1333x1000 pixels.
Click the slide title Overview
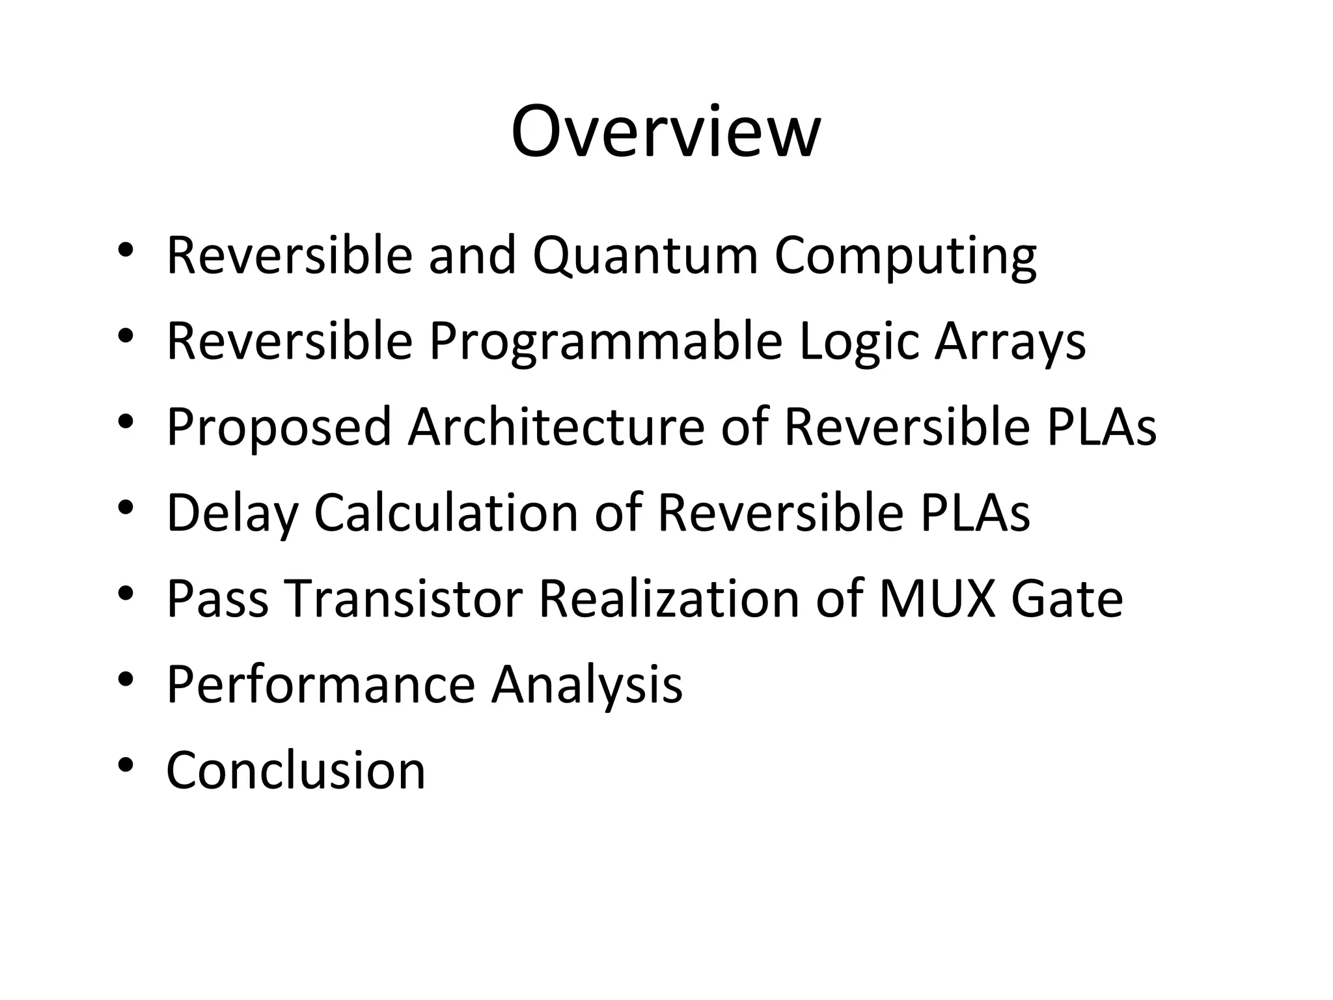(x=665, y=132)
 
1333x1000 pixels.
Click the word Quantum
(x=645, y=255)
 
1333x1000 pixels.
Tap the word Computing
(x=905, y=255)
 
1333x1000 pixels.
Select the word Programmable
(x=605, y=342)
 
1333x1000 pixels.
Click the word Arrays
(x=1010, y=342)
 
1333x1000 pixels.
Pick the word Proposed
(x=279, y=428)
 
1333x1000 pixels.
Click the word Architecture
(x=556, y=428)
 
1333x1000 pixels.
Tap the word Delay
(x=232, y=514)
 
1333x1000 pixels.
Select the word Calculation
(x=446, y=514)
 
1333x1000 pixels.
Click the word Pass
(x=217, y=599)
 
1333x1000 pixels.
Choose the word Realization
(x=668, y=599)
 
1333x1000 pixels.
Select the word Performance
(x=321, y=685)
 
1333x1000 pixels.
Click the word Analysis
(x=587, y=685)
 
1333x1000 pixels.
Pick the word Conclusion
(x=296, y=771)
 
